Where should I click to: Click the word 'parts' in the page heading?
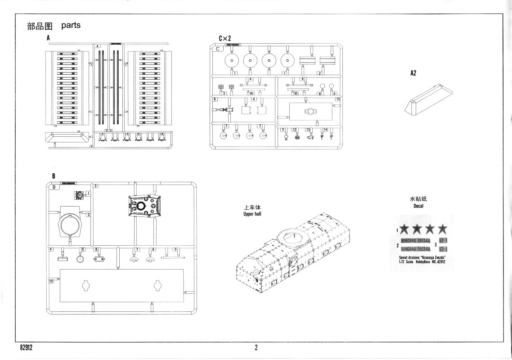point(71,25)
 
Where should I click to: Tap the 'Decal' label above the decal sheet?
point(418,206)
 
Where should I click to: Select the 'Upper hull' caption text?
point(252,214)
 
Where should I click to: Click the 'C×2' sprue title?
point(225,38)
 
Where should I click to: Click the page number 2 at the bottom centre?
point(256,347)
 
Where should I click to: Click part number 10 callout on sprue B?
point(51,280)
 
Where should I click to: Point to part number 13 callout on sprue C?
point(308,130)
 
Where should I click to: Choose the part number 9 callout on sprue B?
point(176,249)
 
